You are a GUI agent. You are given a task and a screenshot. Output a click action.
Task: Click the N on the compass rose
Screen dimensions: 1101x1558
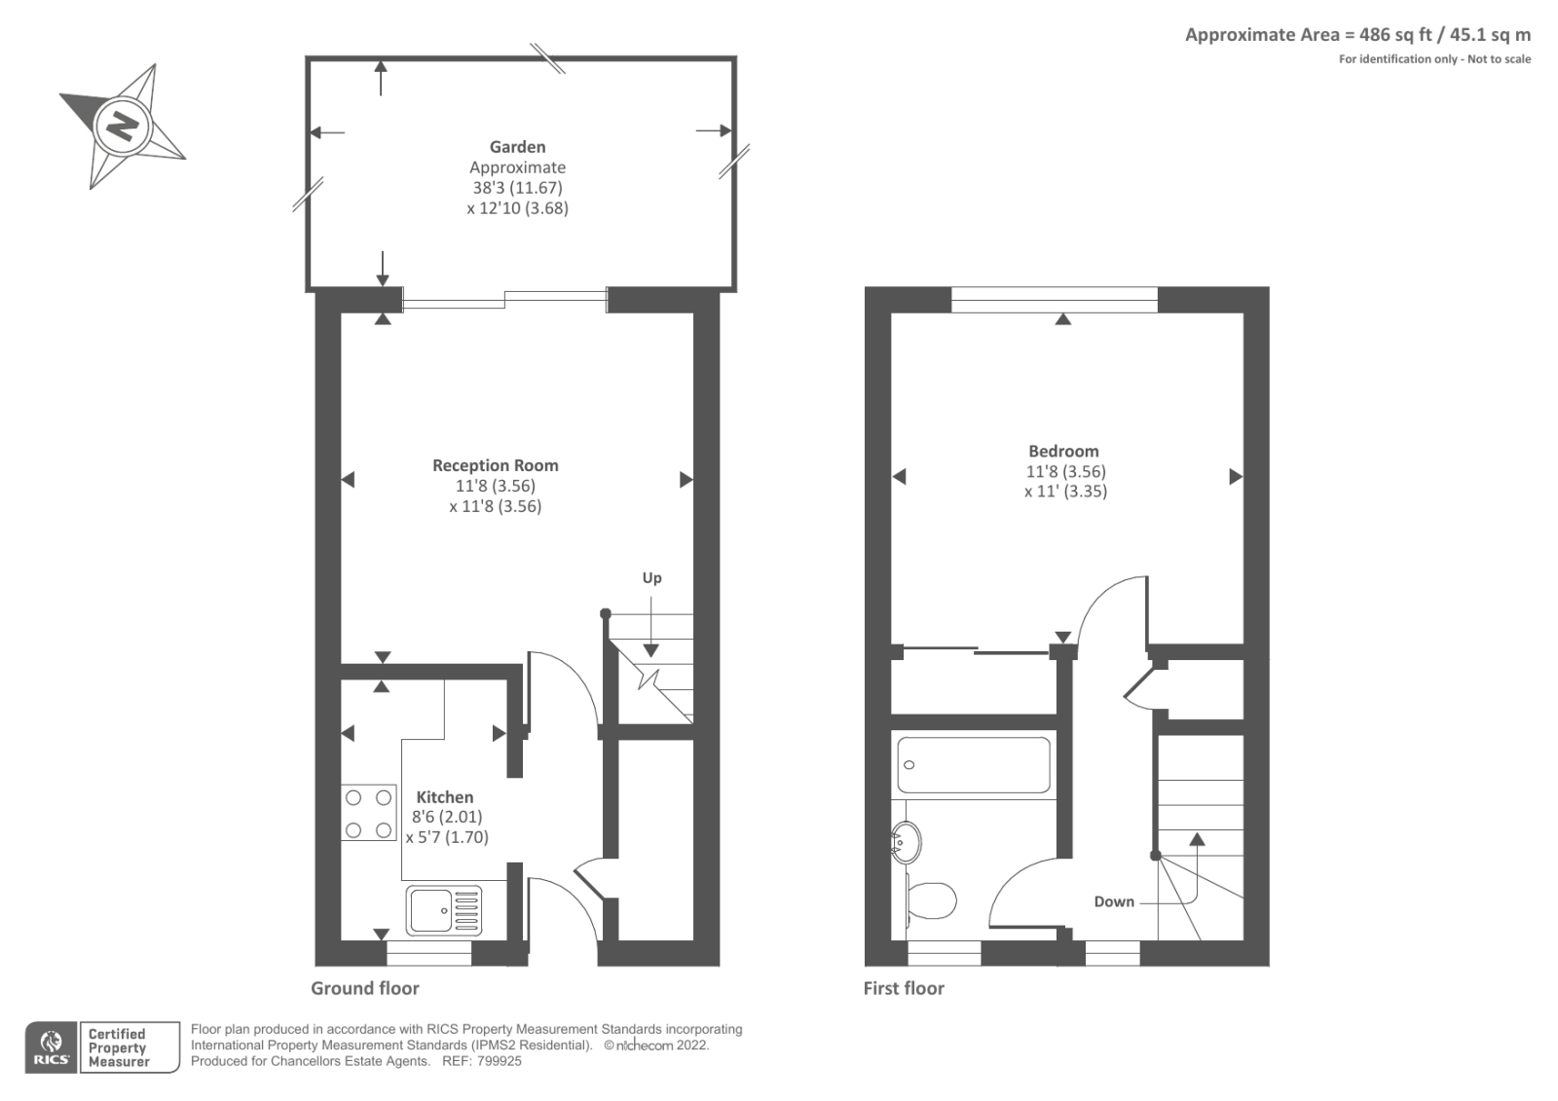(123, 126)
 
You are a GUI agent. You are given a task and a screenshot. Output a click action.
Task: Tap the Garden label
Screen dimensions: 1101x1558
(517, 147)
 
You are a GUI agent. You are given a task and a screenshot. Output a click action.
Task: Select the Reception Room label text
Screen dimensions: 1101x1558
(495, 465)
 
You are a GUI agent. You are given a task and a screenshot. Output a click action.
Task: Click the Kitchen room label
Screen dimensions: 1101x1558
(444, 796)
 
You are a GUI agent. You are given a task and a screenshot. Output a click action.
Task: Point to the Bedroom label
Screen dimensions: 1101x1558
(1063, 451)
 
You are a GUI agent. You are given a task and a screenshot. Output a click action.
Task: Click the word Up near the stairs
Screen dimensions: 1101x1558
(651, 577)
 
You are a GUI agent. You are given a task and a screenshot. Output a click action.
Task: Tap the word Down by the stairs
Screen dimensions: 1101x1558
(1113, 901)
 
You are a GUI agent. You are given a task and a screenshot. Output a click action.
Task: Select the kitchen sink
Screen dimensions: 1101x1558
(443, 910)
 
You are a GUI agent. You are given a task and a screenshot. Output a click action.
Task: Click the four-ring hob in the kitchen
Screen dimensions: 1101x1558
(368, 813)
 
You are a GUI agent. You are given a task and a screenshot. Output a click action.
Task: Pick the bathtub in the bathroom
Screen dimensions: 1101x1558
(973, 765)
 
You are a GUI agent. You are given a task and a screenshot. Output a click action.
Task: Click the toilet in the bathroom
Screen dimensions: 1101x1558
(931, 900)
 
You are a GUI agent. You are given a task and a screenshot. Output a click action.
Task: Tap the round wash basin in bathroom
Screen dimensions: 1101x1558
(907, 842)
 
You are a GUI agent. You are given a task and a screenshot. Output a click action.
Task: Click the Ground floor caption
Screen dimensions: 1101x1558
(364, 988)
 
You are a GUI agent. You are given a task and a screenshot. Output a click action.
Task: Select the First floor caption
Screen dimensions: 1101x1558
(903, 988)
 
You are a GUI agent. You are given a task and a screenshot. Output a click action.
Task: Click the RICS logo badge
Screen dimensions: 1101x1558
(50, 1047)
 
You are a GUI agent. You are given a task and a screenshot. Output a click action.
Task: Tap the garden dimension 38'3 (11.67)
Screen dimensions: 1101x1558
(517, 187)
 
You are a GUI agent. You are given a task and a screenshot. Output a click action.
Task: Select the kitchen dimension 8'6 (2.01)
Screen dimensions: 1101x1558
(446, 817)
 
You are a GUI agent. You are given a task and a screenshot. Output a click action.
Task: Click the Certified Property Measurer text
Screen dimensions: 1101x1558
(118, 1047)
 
